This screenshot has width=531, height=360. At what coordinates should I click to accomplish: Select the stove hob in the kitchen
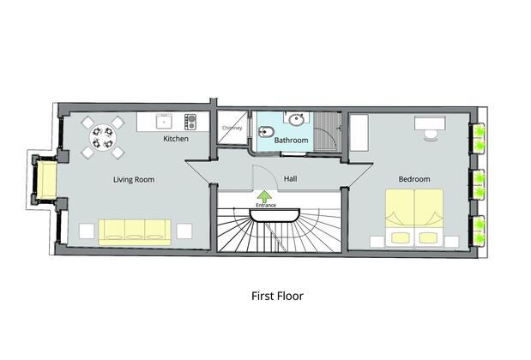(191, 120)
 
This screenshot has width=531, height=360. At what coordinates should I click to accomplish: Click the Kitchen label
(176, 138)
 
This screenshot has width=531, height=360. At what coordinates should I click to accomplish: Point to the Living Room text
(133, 180)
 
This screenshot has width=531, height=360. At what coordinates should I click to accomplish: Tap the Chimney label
(232, 129)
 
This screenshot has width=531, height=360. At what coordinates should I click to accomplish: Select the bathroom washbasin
(295, 120)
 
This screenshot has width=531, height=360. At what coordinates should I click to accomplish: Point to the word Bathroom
(292, 139)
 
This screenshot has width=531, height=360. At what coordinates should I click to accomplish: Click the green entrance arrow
(266, 198)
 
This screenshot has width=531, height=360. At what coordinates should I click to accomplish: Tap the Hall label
(290, 180)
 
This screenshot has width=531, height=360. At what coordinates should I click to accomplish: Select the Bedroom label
(414, 180)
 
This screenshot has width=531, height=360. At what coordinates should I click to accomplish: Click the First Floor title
(277, 297)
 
